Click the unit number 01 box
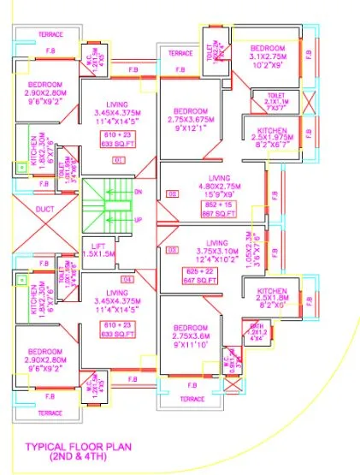click(x=119, y=159)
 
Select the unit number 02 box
click(x=172, y=195)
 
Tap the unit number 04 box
click(x=128, y=279)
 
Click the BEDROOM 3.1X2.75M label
click(x=268, y=54)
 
